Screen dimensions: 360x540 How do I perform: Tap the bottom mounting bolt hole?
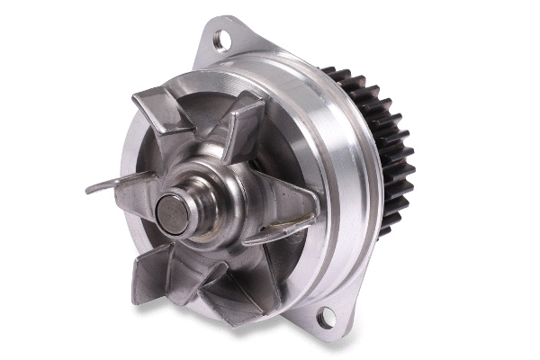pyautogui.click(x=326, y=315)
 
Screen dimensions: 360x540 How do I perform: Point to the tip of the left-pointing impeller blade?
pyautogui.click(x=91, y=190)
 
